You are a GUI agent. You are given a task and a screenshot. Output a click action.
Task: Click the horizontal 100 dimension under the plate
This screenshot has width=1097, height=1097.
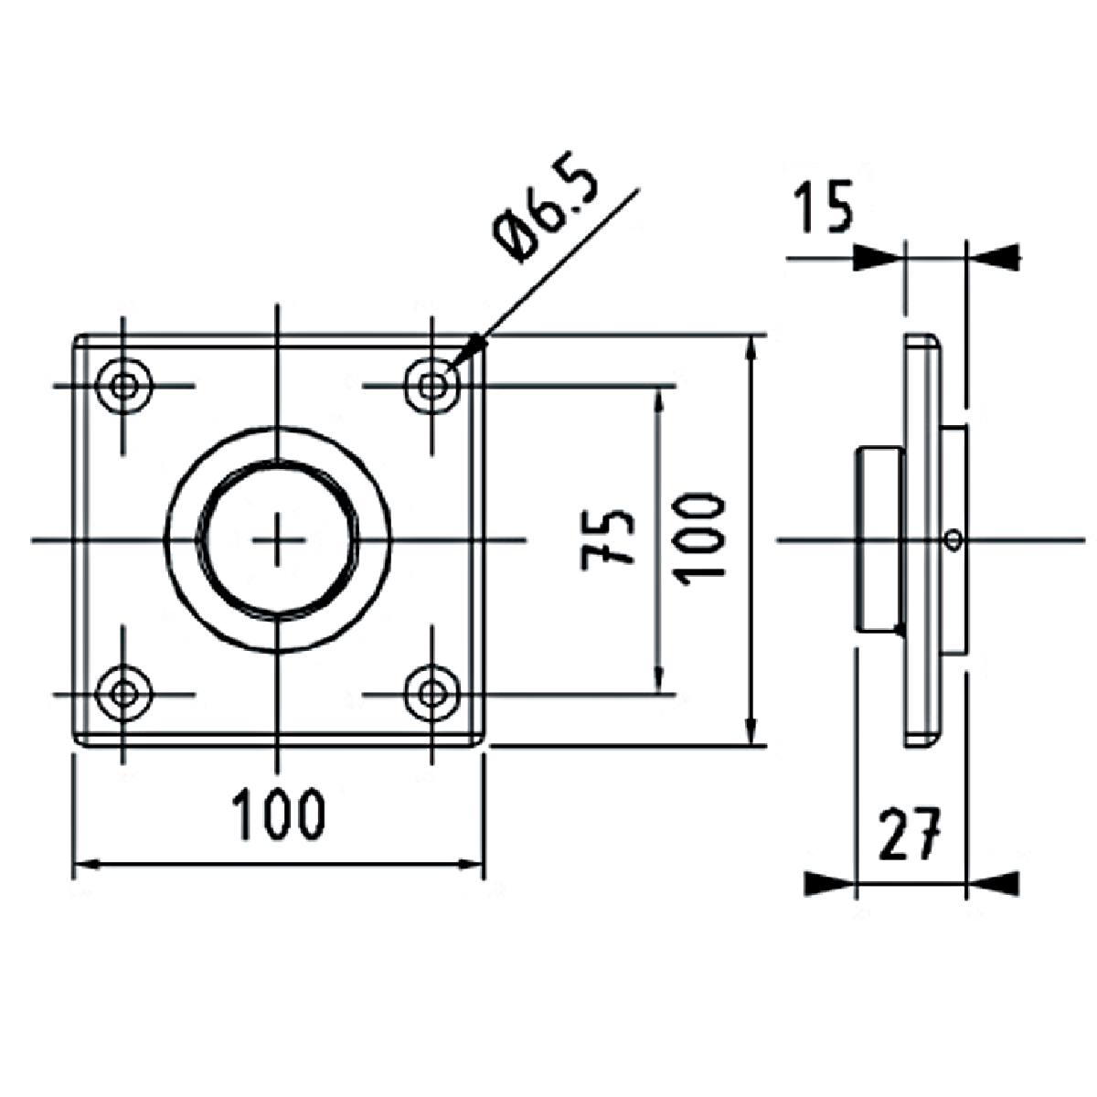point(278,815)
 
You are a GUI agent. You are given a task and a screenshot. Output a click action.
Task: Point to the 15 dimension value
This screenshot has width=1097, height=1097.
point(822,208)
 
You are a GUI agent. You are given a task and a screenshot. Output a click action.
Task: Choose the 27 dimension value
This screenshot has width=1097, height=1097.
point(909,835)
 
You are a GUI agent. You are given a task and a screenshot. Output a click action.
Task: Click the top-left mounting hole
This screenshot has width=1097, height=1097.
point(123,385)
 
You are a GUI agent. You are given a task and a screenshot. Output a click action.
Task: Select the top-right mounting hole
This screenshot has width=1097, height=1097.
point(432,385)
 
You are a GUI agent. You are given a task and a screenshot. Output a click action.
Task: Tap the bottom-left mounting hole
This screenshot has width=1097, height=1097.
point(123,694)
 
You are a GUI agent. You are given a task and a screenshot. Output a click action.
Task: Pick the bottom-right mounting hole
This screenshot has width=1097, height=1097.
point(432,694)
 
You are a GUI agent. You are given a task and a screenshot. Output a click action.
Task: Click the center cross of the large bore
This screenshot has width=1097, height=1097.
point(278,540)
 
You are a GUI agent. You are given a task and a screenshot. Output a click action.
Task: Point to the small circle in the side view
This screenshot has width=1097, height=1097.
point(953,539)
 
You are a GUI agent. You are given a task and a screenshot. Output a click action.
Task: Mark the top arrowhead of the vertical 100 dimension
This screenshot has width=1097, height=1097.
point(751,353)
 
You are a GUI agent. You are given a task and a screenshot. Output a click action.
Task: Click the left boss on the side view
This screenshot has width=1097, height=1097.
point(879,539)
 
